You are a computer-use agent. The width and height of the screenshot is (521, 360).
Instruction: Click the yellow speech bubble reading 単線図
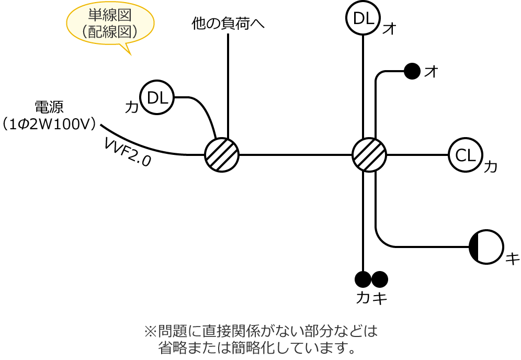point(110,23)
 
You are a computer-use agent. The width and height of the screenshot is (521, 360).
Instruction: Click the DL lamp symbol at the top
point(363,18)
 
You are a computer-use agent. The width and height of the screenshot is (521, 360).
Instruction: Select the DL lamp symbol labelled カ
point(157,97)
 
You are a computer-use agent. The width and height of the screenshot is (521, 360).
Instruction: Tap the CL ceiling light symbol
point(465,155)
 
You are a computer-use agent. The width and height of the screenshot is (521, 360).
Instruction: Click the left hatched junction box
point(222,155)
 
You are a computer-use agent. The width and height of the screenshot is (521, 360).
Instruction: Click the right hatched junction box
point(369,155)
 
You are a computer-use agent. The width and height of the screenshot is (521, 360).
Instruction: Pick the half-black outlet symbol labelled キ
point(486,247)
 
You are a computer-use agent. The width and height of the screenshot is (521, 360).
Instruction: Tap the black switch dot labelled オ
point(412,71)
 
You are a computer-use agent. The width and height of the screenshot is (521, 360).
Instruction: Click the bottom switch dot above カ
point(363,279)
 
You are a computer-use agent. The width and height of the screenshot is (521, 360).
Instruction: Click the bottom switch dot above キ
point(380,279)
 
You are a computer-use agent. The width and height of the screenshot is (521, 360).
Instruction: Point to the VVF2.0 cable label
point(127,152)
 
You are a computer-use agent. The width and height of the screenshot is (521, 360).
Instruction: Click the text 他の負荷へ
point(228,24)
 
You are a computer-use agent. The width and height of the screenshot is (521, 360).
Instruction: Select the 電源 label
point(49,107)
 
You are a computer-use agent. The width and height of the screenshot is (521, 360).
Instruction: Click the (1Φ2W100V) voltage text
point(50,125)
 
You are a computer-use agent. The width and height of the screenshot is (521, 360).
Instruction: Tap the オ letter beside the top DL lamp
point(389,29)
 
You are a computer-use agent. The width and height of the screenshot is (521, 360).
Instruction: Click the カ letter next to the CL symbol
point(491,167)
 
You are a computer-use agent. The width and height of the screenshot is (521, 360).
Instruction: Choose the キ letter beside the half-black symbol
point(512,258)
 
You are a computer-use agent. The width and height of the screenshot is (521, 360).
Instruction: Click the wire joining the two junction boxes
point(296,155)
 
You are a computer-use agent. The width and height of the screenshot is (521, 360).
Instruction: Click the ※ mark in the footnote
point(150,331)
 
